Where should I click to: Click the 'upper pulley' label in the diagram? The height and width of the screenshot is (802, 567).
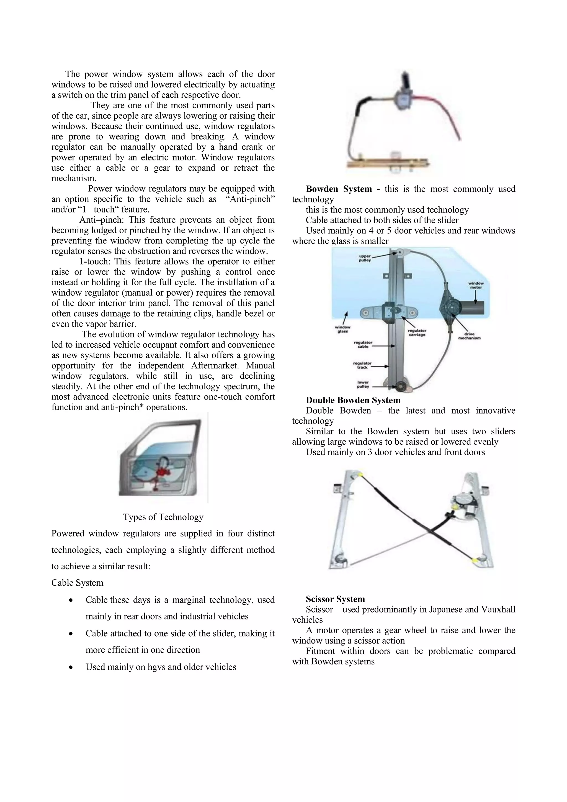coord(365,258)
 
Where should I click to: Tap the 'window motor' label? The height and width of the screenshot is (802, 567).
coord(476,285)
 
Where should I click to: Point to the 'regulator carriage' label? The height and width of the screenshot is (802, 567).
coord(417,332)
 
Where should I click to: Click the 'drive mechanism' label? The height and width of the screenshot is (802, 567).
coord(469,336)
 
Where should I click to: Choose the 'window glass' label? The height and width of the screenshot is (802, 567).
coord(342,329)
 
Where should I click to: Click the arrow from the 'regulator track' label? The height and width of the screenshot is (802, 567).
coord(381,367)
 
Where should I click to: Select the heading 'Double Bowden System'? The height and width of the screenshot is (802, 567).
coord(353,400)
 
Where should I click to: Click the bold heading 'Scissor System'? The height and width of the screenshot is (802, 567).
coord(335,599)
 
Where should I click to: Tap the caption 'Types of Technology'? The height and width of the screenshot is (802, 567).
coord(163,517)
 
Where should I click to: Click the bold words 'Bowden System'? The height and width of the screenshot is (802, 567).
coord(339,189)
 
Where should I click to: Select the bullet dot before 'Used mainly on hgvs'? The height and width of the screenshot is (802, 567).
coord(71,667)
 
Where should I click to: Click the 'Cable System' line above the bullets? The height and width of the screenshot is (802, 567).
coord(77,583)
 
